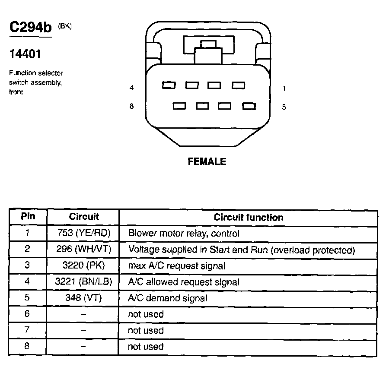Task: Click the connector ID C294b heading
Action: click(x=30, y=28)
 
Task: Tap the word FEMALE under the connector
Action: click(x=207, y=161)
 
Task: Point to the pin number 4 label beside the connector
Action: click(x=132, y=88)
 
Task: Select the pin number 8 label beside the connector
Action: click(x=132, y=106)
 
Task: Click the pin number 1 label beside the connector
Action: click(x=284, y=89)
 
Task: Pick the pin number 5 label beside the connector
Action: click(x=284, y=107)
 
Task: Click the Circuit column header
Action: click(x=83, y=217)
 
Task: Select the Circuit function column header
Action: click(x=249, y=217)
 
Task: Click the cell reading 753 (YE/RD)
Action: click(x=83, y=233)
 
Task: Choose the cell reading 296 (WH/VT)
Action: click(x=83, y=250)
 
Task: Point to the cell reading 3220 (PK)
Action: click(x=83, y=266)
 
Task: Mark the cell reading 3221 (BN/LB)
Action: click(x=83, y=282)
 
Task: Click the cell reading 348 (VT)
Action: click(x=83, y=298)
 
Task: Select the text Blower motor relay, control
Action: click(x=184, y=234)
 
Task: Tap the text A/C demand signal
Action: click(x=168, y=298)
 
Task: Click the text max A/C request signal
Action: click(x=177, y=266)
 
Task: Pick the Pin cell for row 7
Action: click(x=27, y=330)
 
